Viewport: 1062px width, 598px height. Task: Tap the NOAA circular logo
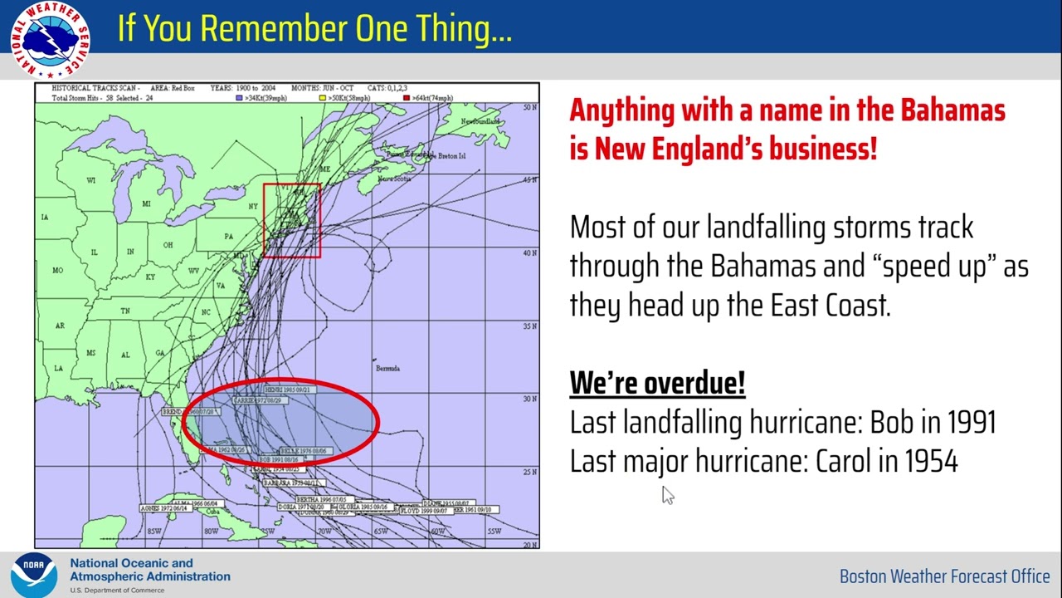point(33,575)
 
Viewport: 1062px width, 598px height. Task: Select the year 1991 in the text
point(967,422)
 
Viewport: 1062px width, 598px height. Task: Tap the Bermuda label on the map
point(387,368)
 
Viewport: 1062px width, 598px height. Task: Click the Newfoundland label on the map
point(480,122)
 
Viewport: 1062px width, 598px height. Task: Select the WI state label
point(91,180)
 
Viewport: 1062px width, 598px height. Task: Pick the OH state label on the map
point(168,245)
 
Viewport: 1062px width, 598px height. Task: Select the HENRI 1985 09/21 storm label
point(287,390)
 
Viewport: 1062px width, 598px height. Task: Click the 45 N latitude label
point(529,180)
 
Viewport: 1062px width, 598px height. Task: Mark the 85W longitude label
point(153,532)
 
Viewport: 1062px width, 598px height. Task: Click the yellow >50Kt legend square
point(324,98)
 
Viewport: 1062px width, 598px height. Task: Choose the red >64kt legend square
point(406,98)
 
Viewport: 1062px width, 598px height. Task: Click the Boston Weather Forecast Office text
point(944,576)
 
